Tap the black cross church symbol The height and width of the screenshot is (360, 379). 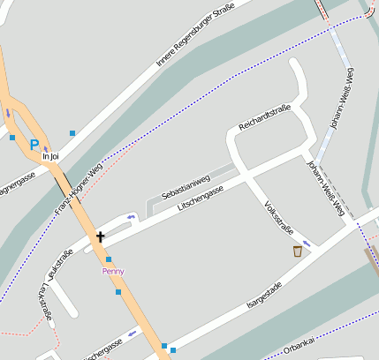100,236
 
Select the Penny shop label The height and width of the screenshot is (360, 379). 113,271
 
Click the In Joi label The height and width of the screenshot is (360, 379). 50,157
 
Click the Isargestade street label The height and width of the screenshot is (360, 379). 265,295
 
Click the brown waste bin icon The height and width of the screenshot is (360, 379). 298,251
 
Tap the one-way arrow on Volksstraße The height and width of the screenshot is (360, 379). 307,243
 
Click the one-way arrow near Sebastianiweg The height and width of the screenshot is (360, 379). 132,217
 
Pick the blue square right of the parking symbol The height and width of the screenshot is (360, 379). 72,133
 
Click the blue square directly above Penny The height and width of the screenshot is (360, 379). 109,259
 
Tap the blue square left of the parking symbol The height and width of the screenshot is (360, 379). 12,138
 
